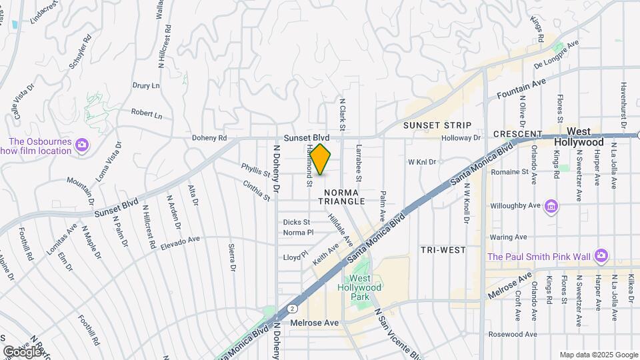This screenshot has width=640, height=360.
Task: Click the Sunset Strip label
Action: tap(437, 125)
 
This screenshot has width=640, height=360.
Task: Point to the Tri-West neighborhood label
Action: tap(443, 249)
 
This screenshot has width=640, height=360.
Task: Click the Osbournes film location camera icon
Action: tap(82, 144)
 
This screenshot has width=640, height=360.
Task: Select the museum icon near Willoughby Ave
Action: tap(551, 206)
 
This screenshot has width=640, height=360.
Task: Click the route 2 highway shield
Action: tap(293, 308)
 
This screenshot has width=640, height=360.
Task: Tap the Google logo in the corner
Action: tap(22, 351)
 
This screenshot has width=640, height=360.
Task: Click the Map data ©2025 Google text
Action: tap(599, 355)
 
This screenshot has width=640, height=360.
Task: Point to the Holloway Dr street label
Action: tap(461, 138)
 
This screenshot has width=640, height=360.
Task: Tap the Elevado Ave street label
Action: tap(180, 243)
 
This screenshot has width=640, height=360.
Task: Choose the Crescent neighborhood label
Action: tap(517, 134)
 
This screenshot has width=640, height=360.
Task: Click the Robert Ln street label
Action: tap(147, 114)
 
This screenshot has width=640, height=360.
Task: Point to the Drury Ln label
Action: tap(146, 86)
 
